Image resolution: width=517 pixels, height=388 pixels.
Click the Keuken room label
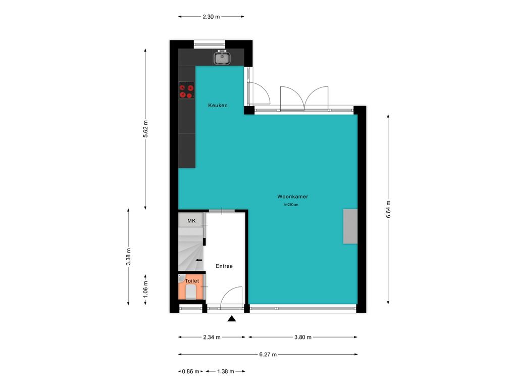tap(218, 105)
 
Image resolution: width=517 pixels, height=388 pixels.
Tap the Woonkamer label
tap(293, 197)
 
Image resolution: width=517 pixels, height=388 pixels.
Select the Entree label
tap(224, 266)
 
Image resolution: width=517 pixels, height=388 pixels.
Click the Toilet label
tap(192, 281)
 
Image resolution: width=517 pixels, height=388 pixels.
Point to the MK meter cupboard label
tap(191, 221)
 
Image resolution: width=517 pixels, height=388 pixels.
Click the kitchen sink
tap(222, 58)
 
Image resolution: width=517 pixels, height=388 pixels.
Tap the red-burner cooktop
tap(186, 91)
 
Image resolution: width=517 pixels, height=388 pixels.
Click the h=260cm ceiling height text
tap(291, 205)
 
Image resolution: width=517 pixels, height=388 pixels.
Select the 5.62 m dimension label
tap(145, 129)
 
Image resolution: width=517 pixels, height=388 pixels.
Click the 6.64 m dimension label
tap(388, 209)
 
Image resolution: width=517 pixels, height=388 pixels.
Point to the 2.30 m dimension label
tap(211, 17)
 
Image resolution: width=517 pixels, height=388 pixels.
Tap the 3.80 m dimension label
tap(302, 337)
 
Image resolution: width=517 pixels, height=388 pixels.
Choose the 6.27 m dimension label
tap(268, 354)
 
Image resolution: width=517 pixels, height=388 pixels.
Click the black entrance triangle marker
tap(232, 319)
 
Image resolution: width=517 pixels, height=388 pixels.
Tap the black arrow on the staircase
tap(199, 260)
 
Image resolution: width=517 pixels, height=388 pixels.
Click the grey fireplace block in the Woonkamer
tap(350, 226)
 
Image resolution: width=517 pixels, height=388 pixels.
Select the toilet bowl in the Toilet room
tap(191, 292)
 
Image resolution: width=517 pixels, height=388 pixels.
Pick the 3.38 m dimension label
tap(128, 257)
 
